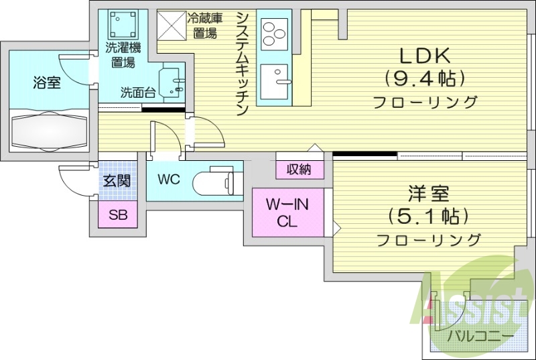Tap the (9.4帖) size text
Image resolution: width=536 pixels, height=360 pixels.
(x=424, y=79)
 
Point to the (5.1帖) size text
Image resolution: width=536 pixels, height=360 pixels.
(x=428, y=217)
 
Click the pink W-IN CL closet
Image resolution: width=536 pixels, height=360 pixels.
(x=287, y=213)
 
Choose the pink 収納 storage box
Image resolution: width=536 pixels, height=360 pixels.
(x=299, y=170)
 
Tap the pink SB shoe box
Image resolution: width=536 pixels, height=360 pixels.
(x=118, y=215)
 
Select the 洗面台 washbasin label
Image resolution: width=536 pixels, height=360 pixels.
(x=137, y=93)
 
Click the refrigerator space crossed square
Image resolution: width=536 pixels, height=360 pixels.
(x=172, y=27)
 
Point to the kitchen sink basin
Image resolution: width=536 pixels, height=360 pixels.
(x=274, y=82)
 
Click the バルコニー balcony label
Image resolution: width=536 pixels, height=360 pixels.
(x=481, y=335)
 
